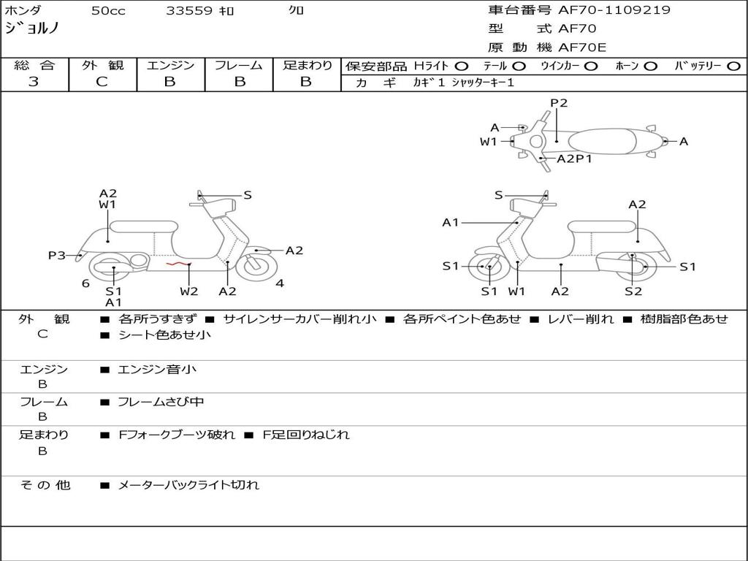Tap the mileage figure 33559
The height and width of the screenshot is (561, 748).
tap(189, 10)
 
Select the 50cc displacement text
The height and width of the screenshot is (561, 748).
tap(108, 10)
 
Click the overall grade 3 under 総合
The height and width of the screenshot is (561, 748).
tap(34, 82)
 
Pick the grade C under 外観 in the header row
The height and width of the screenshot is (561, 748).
tap(102, 82)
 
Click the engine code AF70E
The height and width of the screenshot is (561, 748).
tap(582, 47)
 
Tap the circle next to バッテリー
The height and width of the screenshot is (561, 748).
tap(733, 66)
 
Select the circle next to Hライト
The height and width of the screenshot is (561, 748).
tap(462, 66)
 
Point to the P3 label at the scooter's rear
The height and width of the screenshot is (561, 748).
tap(57, 255)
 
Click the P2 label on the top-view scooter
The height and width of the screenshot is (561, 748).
tap(559, 103)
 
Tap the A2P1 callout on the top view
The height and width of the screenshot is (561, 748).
tap(574, 159)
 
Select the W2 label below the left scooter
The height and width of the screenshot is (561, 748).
tap(189, 291)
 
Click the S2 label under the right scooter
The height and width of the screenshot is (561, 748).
tap(633, 291)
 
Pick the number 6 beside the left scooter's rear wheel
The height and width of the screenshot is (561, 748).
tap(85, 283)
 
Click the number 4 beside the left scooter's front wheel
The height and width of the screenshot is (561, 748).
tap(280, 283)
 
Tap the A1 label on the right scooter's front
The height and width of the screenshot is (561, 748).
tap(450, 222)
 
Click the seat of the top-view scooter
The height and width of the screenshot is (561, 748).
tap(602, 141)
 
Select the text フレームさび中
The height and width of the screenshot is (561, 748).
tap(161, 402)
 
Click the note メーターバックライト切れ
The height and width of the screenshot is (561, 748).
tap(188, 485)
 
